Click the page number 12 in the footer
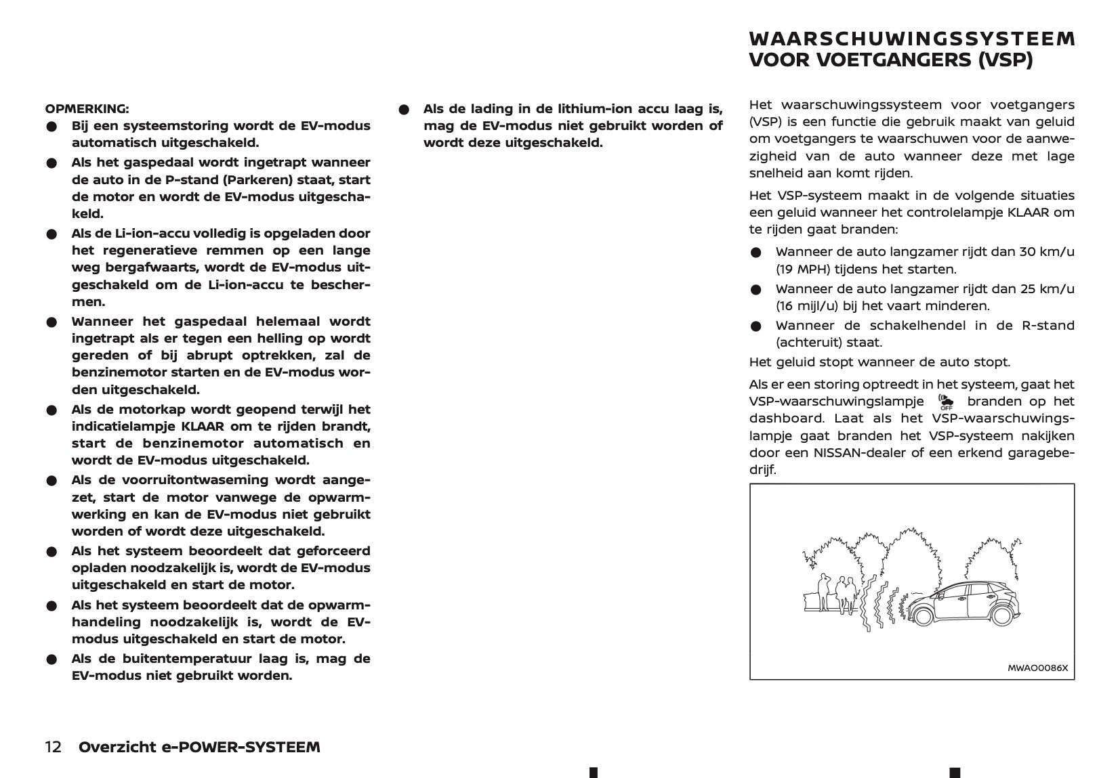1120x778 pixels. coord(54,747)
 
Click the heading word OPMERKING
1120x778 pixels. coord(87,108)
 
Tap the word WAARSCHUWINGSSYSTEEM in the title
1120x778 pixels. coord(911,39)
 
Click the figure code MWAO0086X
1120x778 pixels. coord(1037,668)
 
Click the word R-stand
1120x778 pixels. coord(1048,326)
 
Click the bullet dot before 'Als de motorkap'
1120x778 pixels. coord(51,410)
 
